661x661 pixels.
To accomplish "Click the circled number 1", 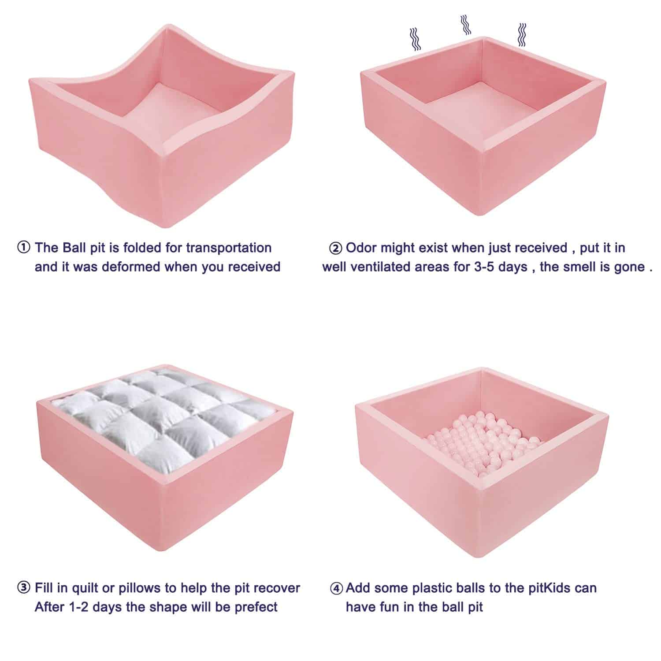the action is (x=23, y=248).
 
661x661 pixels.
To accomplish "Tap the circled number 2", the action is (x=335, y=249).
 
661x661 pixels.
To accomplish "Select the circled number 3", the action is (x=23, y=588).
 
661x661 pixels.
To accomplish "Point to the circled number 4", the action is (x=336, y=589).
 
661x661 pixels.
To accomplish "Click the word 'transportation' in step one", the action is (x=228, y=248).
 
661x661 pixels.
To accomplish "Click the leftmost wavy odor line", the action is (x=415, y=39).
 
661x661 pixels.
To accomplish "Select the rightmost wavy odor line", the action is (x=522, y=35).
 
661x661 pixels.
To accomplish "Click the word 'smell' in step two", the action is (x=592, y=267).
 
